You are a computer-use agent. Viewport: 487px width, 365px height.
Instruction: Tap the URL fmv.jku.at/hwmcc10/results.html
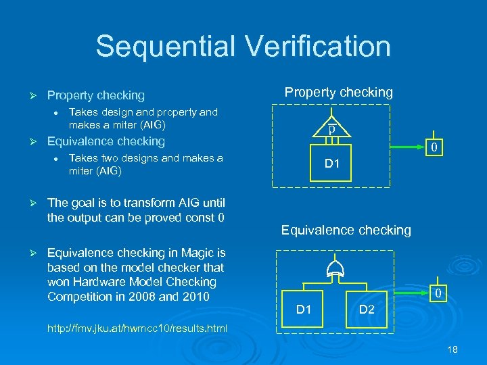(x=137, y=328)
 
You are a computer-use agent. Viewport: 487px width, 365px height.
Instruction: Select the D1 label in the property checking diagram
(x=332, y=163)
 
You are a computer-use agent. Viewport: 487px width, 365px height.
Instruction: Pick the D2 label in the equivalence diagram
(x=366, y=310)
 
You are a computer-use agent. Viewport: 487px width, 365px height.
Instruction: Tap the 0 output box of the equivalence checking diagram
(x=438, y=293)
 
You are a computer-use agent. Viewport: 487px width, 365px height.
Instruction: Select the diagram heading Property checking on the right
(x=338, y=93)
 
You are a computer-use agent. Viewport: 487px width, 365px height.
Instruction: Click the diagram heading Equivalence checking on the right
(x=346, y=230)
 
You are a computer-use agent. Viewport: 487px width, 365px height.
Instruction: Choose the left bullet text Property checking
(x=95, y=96)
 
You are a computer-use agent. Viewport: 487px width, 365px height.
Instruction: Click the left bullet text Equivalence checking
(x=106, y=141)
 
